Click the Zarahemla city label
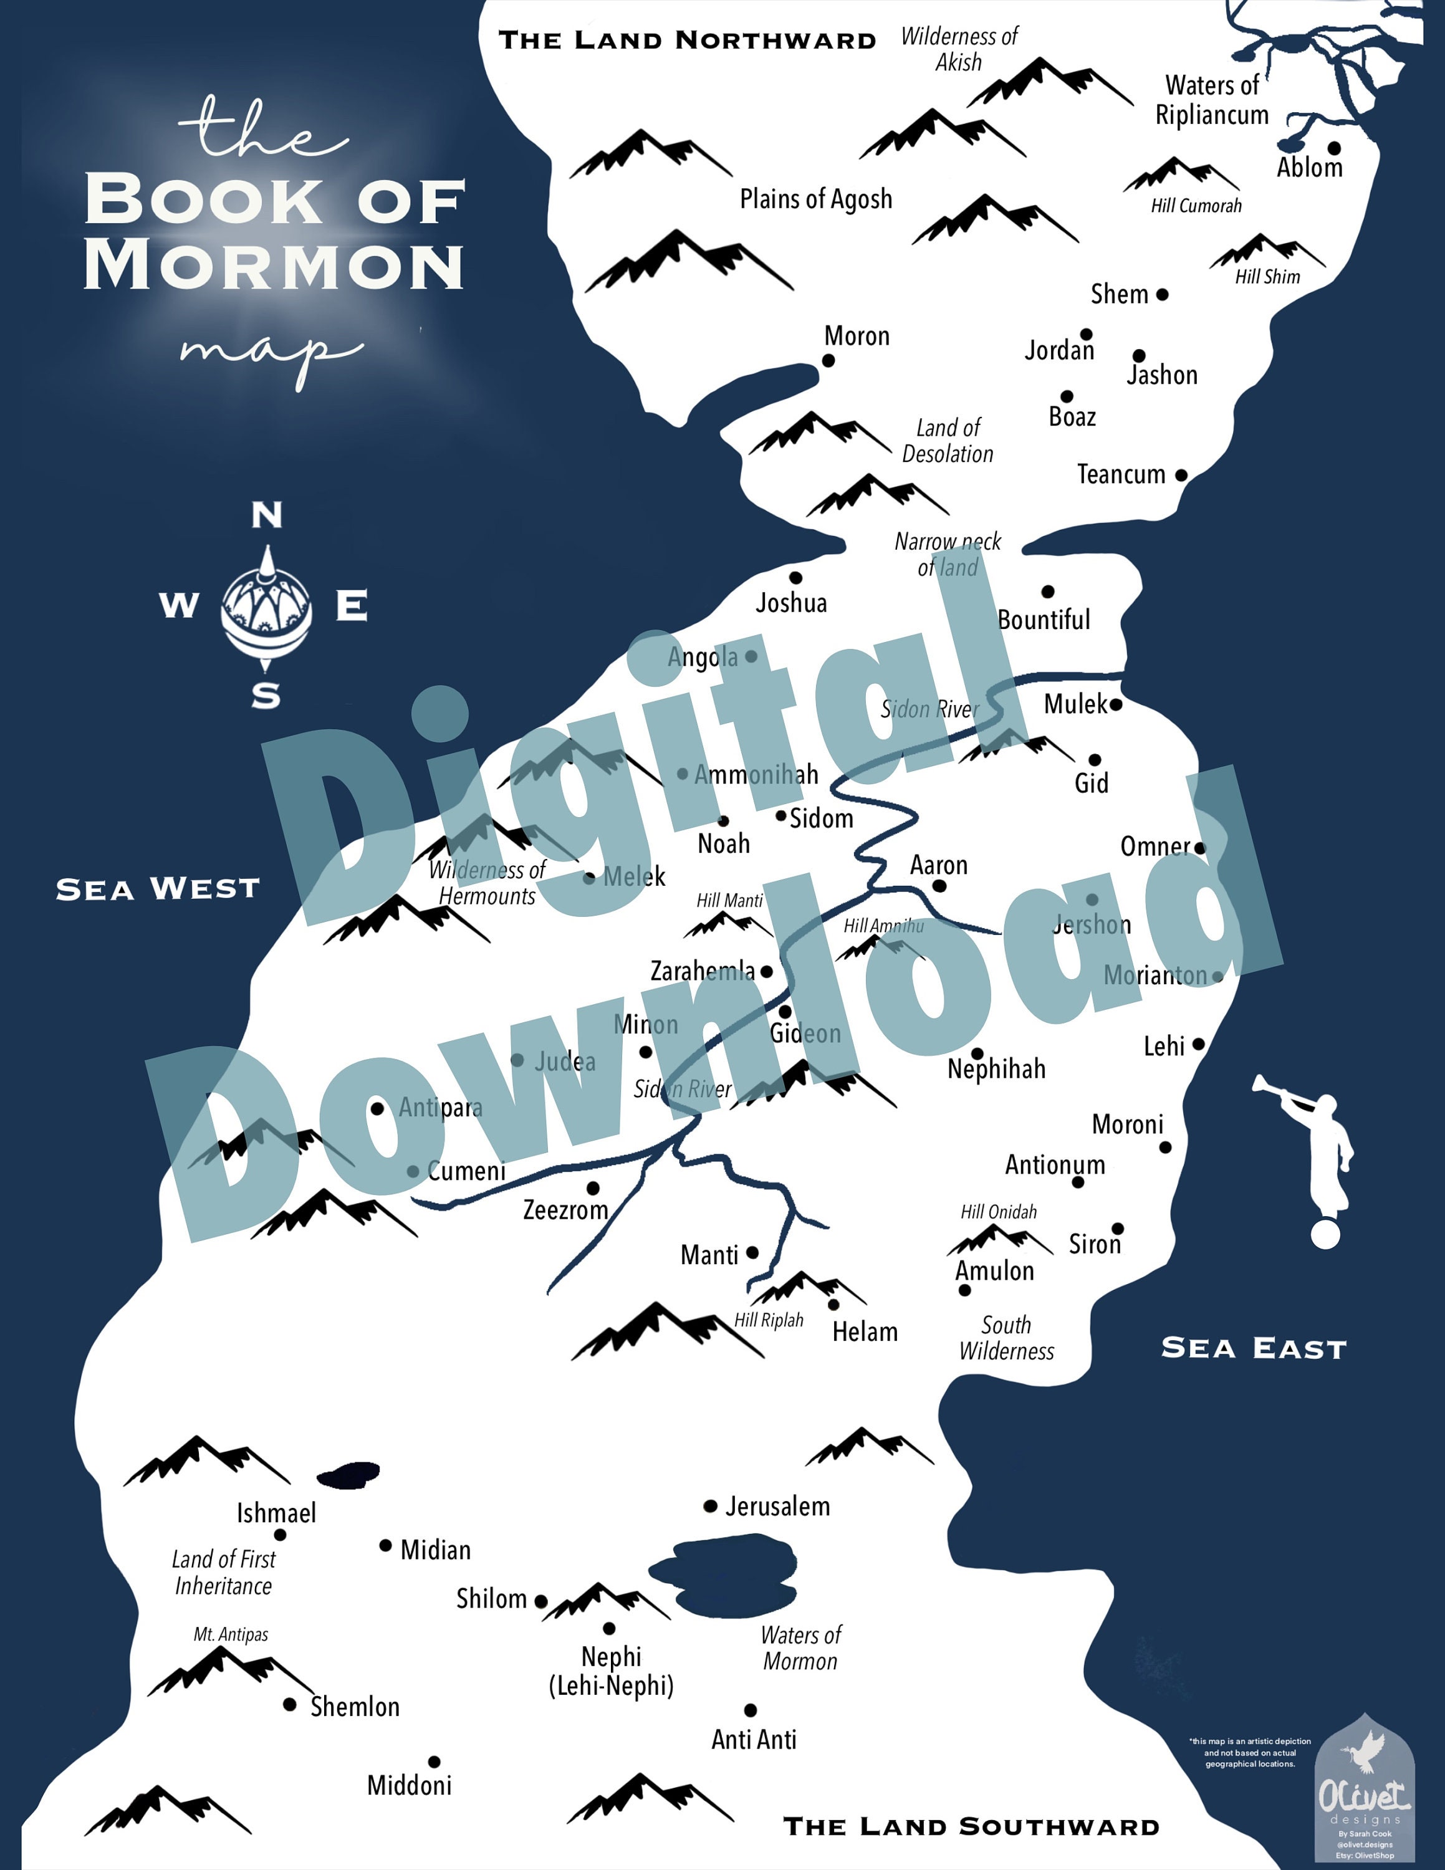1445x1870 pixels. [x=702, y=971]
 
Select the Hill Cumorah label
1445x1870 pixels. [x=1196, y=206]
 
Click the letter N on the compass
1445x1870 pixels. [x=267, y=515]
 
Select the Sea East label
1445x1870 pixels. [x=1253, y=1348]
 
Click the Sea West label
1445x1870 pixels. [x=158, y=889]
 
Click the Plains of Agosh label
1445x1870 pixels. [x=816, y=199]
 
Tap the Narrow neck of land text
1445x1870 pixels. [x=948, y=554]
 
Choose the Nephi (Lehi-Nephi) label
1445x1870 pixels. [x=611, y=1671]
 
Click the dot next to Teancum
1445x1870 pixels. [x=1181, y=474]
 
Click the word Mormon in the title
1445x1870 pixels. [x=274, y=266]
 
